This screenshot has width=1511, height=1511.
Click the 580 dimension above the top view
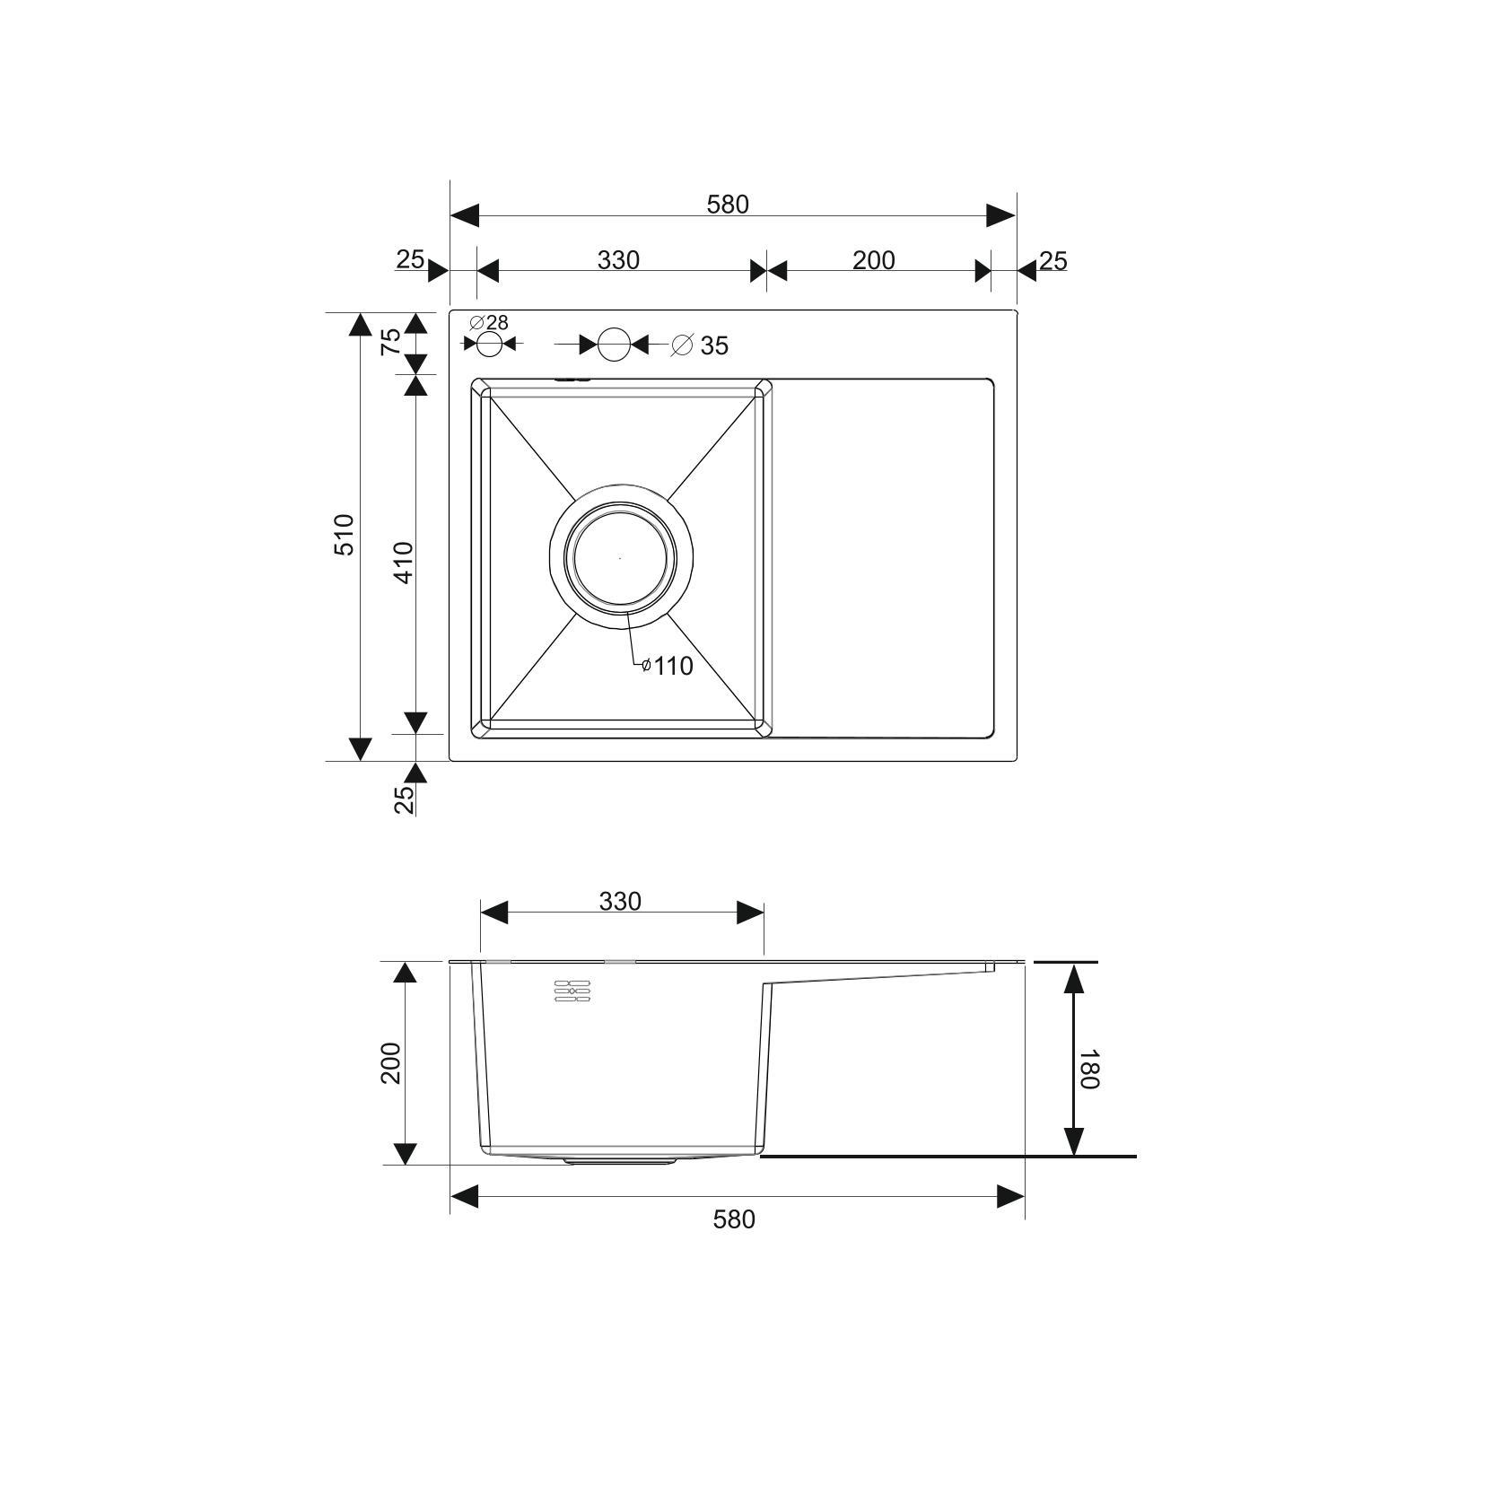pos(727,205)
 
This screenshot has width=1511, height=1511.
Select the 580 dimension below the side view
pos(734,1219)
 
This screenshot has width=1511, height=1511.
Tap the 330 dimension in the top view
pos(619,260)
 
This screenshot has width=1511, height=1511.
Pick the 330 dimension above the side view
pos(620,901)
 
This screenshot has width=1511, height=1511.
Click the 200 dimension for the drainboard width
pos(874,260)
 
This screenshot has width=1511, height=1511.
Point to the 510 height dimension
pos(345,535)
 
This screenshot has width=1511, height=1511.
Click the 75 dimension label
pos(391,342)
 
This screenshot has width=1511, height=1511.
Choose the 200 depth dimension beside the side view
pos(391,1062)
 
